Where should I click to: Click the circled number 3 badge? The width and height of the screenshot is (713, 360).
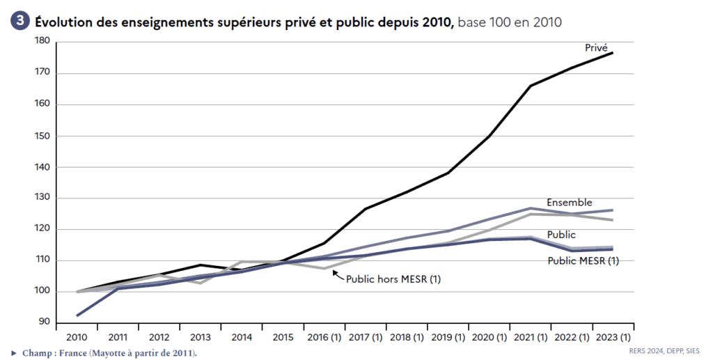pyautogui.click(x=20, y=22)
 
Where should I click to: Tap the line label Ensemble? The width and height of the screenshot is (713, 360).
pyautogui.click(x=569, y=203)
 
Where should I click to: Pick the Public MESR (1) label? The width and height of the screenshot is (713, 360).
pyautogui.click(x=582, y=260)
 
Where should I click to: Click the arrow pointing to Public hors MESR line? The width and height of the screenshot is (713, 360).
pyautogui.click(x=339, y=276)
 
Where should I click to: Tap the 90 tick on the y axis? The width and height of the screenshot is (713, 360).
pyautogui.click(x=44, y=322)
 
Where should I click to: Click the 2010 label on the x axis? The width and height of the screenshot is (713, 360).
pyautogui.click(x=77, y=337)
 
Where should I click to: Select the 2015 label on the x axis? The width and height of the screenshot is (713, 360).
pyautogui.click(x=283, y=337)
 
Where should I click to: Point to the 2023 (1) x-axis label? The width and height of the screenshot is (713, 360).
pyautogui.click(x=612, y=337)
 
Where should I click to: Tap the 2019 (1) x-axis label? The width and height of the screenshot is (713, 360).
pyautogui.click(x=448, y=337)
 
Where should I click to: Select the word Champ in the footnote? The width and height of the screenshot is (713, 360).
pyautogui.click(x=36, y=353)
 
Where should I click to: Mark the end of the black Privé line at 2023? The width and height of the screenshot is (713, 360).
pyautogui.click(x=613, y=53)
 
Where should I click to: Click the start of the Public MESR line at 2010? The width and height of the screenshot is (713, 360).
pyautogui.click(x=77, y=315)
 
